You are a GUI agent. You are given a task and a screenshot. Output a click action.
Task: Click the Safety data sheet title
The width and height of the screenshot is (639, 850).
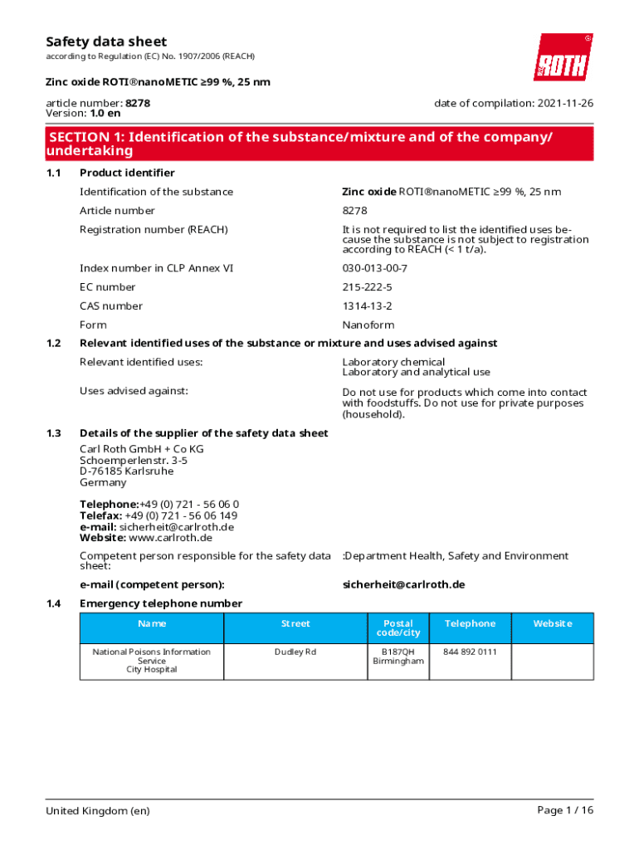(105, 42)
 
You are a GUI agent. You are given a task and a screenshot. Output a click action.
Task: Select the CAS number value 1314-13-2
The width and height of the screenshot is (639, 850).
(367, 306)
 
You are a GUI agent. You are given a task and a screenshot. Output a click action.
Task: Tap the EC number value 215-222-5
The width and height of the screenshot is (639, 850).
(367, 287)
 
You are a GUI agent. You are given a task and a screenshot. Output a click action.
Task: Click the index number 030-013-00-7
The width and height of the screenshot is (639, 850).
(375, 268)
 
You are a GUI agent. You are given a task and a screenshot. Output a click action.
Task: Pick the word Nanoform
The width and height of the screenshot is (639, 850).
(368, 325)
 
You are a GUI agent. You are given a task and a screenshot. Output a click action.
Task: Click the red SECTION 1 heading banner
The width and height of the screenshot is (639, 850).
(319, 144)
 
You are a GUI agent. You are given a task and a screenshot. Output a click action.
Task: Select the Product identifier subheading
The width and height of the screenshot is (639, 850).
(127, 173)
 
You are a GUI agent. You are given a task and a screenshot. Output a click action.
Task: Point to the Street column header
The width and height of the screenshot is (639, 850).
(295, 623)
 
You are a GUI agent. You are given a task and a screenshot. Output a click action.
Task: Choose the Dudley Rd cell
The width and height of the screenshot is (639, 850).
(295, 652)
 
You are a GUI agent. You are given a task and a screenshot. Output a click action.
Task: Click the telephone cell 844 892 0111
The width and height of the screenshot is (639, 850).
(470, 652)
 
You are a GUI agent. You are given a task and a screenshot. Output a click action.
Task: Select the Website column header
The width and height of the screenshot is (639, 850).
(552, 623)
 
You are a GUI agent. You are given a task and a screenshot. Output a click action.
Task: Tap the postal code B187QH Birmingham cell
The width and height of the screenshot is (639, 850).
(398, 657)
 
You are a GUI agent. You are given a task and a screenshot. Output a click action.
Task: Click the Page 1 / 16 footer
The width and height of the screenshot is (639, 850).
(565, 810)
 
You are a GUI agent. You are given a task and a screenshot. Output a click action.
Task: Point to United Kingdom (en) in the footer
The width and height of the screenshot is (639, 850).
(98, 811)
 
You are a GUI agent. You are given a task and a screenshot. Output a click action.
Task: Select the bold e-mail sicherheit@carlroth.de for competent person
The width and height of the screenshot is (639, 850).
(403, 584)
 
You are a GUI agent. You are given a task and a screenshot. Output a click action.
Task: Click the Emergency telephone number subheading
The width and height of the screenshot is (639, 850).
(160, 603)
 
